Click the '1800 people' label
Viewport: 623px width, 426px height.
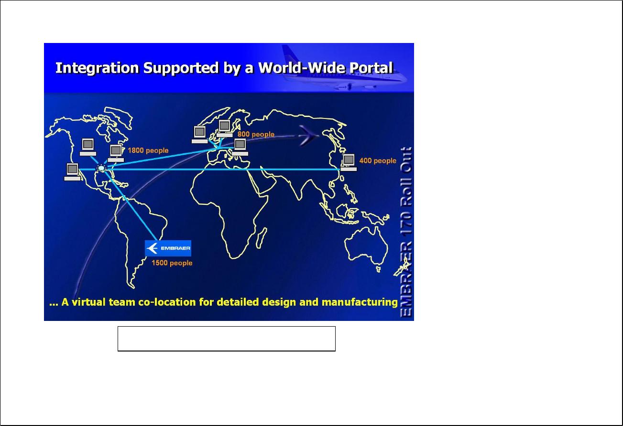click(x=148, y=150)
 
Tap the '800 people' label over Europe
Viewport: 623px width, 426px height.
click(x=256, y=134)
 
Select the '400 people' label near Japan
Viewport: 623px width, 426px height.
click(x=378, y=160)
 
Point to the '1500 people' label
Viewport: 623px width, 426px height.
click(x=172, y=263)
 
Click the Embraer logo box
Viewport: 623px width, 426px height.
click(x=168, y=248)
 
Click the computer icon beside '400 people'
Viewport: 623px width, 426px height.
click(x=349, y=162)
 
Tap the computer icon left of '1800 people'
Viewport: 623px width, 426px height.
click(x=116, y=153)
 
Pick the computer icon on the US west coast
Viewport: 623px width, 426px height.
click(x=72, y=172)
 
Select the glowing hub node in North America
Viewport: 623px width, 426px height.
click(x=101, y=169)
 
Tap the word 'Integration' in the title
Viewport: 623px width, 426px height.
click(x=97, y=68)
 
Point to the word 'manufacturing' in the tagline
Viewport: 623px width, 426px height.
click(x=360, y=302)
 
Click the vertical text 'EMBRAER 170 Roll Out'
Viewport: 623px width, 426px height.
click(x=406, y=232)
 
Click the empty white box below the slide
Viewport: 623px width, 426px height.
click(x=227, y=339)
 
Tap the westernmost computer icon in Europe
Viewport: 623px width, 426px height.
click(x=199, y=135)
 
